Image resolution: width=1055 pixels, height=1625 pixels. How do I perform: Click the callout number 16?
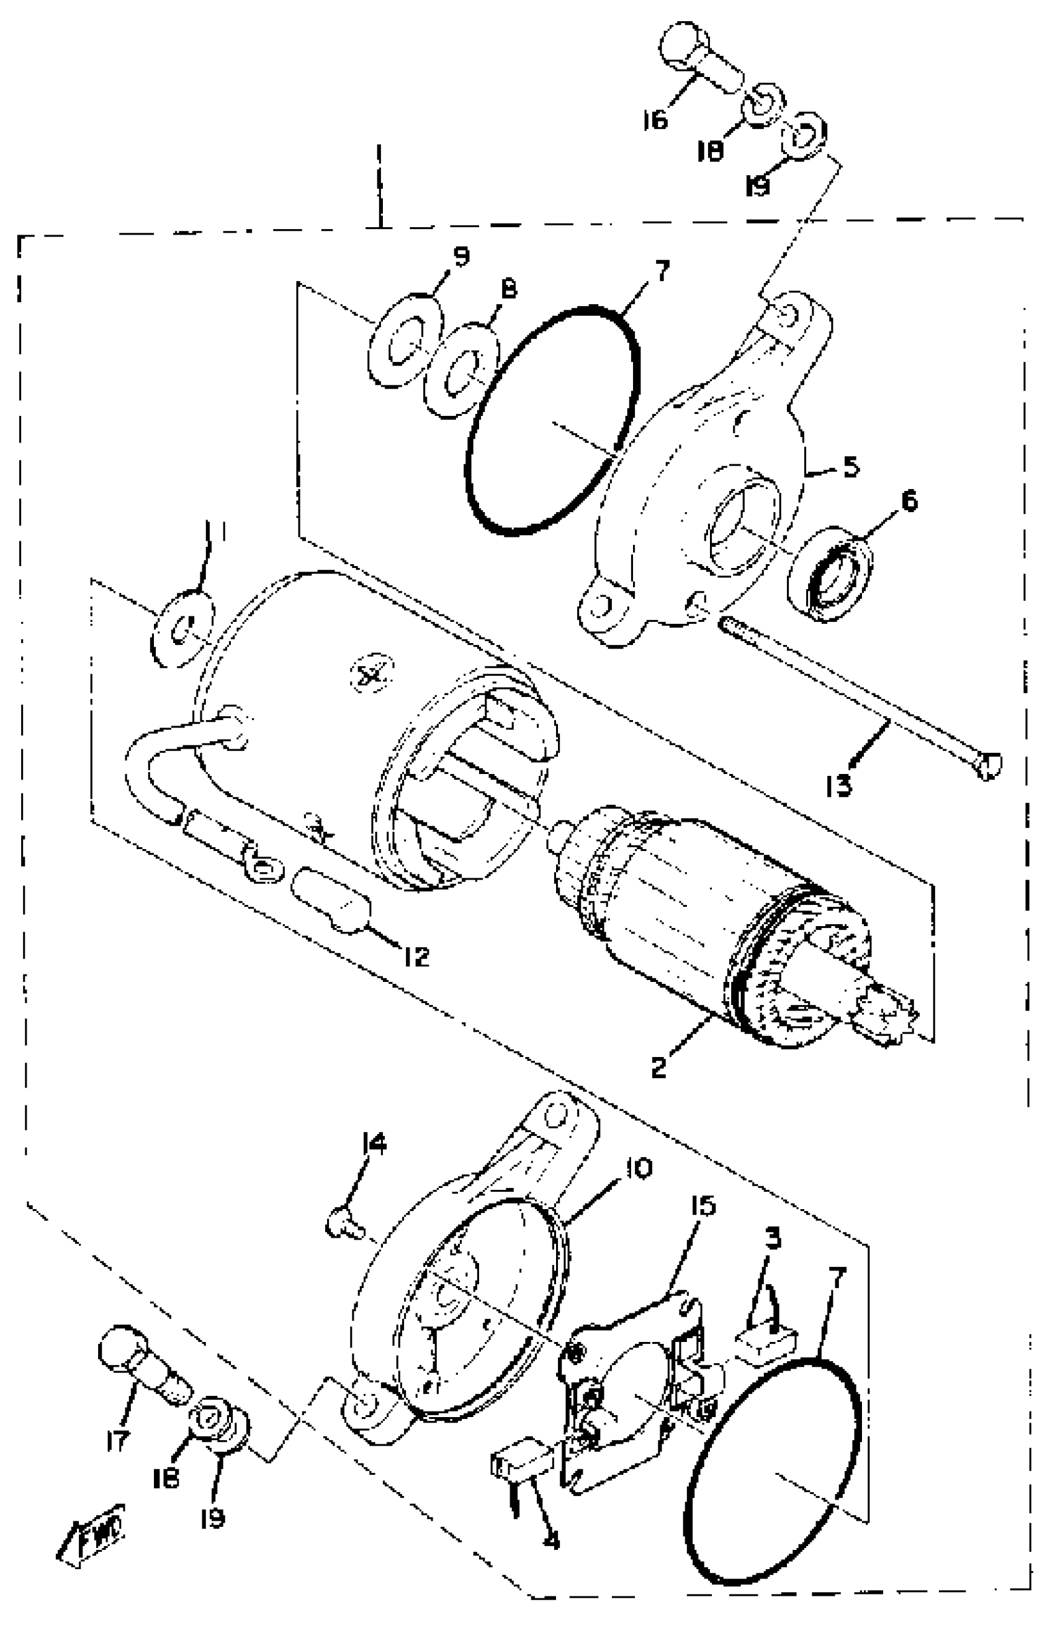[x=653, y=121]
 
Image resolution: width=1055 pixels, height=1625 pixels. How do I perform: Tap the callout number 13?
[x=838, y=785]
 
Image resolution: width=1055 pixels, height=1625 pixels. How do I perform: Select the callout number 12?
[x=415, y=957]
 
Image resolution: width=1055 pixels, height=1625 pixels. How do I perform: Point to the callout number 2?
[x=658, y=1066]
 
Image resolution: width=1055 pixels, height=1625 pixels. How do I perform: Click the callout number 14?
[x=851, y=467]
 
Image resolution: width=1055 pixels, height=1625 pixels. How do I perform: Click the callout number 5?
[x=851, y=467]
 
